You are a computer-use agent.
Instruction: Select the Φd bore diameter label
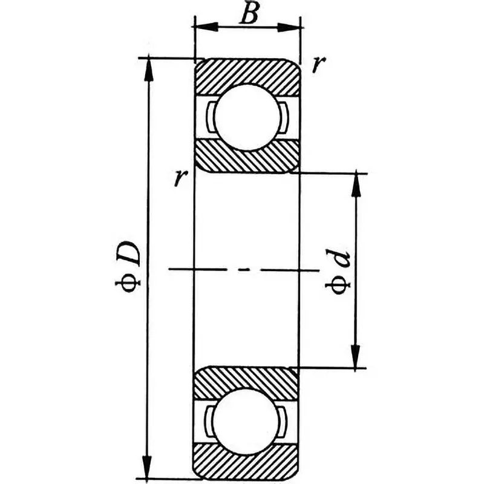pos(339,273)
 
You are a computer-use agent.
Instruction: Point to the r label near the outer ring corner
pos(315,65)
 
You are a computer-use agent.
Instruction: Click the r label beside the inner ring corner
pos(178,178)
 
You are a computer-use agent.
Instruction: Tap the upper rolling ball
pos(247,117)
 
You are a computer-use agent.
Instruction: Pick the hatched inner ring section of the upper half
pos(247,157)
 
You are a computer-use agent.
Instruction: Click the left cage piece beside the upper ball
pos(209,117)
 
